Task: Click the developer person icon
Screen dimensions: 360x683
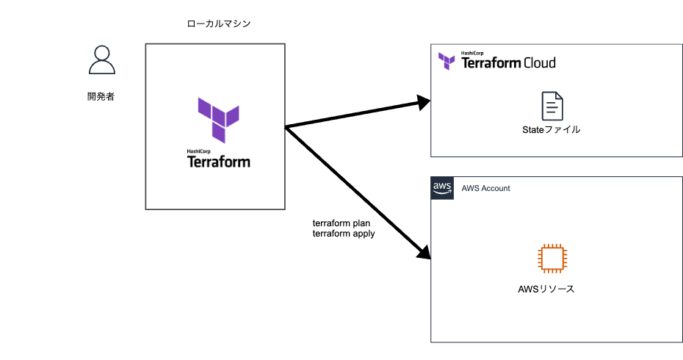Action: click(x=101, y=60)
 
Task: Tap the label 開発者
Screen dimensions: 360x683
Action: click(x=101, y=96)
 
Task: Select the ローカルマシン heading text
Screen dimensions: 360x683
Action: click(x=219, y=24)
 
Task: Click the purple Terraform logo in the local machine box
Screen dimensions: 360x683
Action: click(x=218, y=119)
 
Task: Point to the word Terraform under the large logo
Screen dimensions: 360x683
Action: click(x=219, y=162)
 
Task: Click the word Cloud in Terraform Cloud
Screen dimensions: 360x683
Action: click(x=539, y=63)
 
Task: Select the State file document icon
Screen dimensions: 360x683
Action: click(x=552, y=106)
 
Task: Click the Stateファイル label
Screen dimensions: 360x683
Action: click(x=552, y=130)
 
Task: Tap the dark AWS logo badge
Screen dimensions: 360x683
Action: click(x=442, y=188)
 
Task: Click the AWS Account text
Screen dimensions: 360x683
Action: click(x=485, y=189)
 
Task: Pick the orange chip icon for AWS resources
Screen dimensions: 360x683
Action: click(x=552, y=259)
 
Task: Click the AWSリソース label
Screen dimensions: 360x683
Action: click(x=546, y=289)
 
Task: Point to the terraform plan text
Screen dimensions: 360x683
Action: click(x=341, y=223)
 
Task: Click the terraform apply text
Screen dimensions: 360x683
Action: click(x=344, y=234)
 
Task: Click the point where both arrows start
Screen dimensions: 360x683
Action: click(x=286, y=128)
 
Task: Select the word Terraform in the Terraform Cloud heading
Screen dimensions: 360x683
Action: click(x=491, y=63)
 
